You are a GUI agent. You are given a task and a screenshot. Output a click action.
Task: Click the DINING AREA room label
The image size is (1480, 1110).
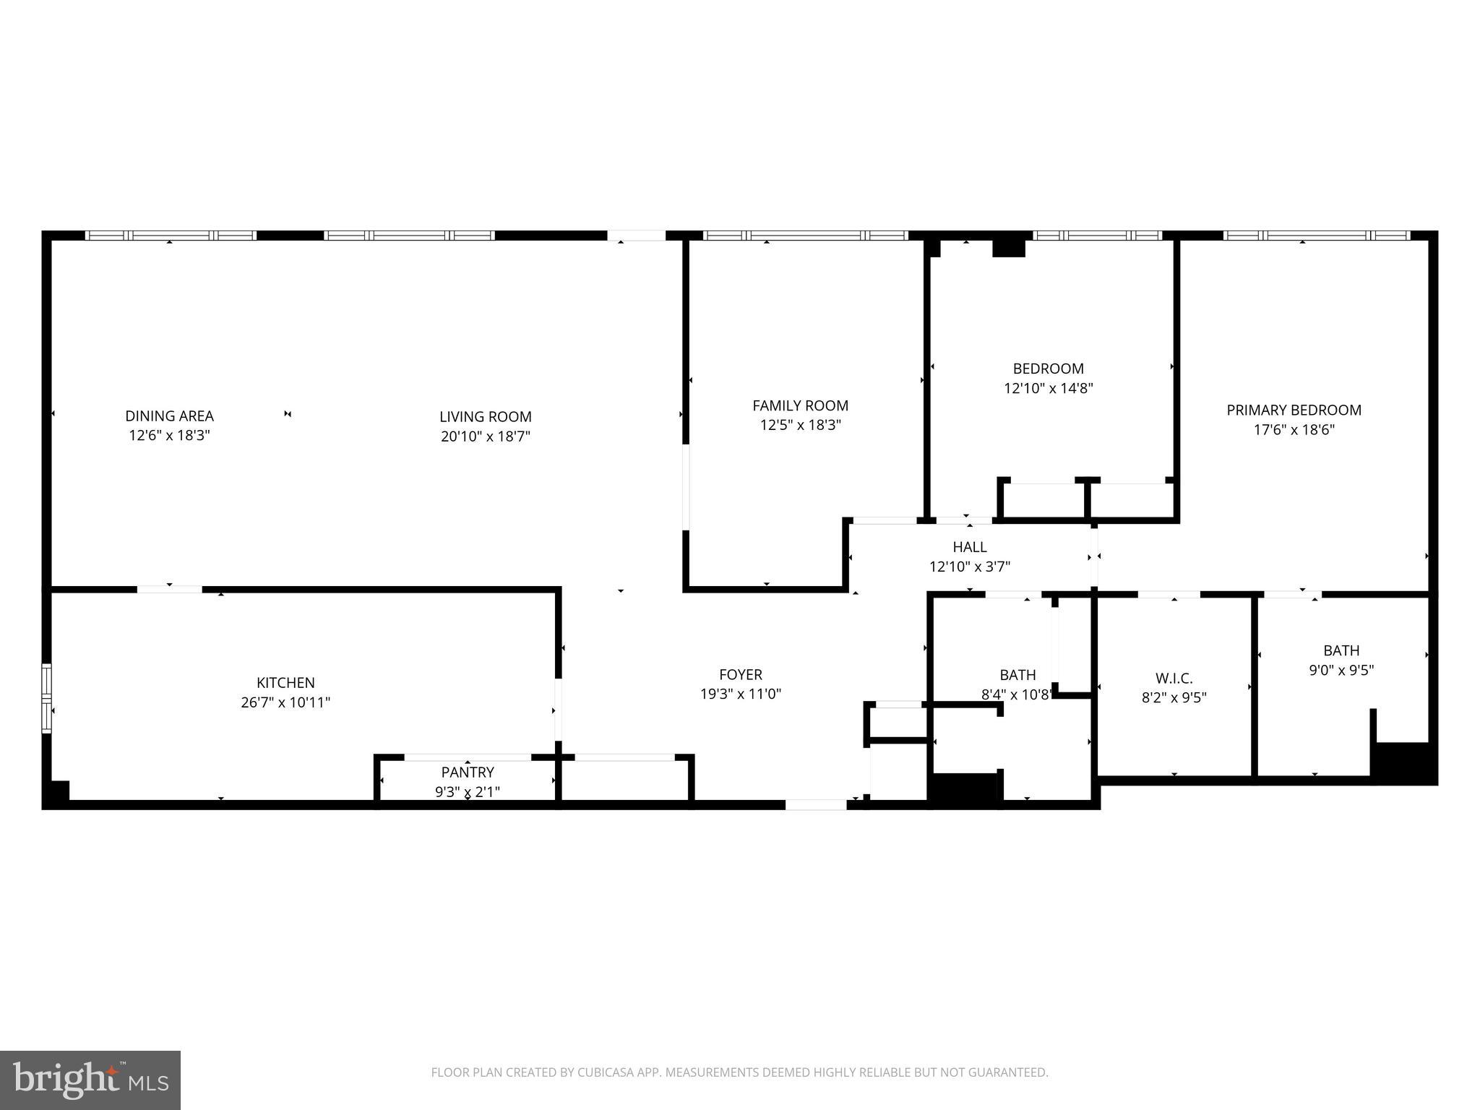169,416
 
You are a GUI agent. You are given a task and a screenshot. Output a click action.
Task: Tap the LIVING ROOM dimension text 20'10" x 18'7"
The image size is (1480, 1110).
486,436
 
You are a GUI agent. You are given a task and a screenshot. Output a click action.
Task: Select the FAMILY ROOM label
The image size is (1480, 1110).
800,406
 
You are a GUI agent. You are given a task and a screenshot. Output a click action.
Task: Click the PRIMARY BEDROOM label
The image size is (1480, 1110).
1294,410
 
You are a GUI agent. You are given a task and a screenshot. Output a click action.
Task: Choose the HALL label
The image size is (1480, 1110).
969,548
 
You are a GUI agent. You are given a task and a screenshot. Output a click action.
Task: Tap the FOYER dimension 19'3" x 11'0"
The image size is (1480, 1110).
741,694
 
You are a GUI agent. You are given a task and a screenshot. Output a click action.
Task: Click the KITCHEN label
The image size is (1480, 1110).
285,683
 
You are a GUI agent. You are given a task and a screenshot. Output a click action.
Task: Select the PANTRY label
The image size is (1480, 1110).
468,773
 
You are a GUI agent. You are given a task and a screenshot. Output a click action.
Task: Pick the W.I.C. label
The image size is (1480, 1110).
1174,679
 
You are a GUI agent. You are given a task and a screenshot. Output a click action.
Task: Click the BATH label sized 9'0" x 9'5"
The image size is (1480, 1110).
1341,650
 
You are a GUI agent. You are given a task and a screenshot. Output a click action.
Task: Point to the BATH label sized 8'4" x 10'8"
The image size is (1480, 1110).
1017,675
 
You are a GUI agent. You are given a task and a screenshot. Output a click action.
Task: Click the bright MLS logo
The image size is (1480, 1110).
90,1080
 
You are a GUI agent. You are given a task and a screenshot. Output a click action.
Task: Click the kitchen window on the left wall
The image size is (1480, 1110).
47,698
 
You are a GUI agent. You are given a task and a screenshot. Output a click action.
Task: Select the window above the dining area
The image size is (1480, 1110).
171,236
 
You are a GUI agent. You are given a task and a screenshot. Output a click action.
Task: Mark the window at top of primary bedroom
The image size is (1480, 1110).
1316,236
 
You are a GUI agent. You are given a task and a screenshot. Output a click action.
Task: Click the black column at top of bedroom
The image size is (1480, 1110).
1009,246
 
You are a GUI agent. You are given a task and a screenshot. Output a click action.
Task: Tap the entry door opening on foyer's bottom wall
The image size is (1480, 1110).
816,804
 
